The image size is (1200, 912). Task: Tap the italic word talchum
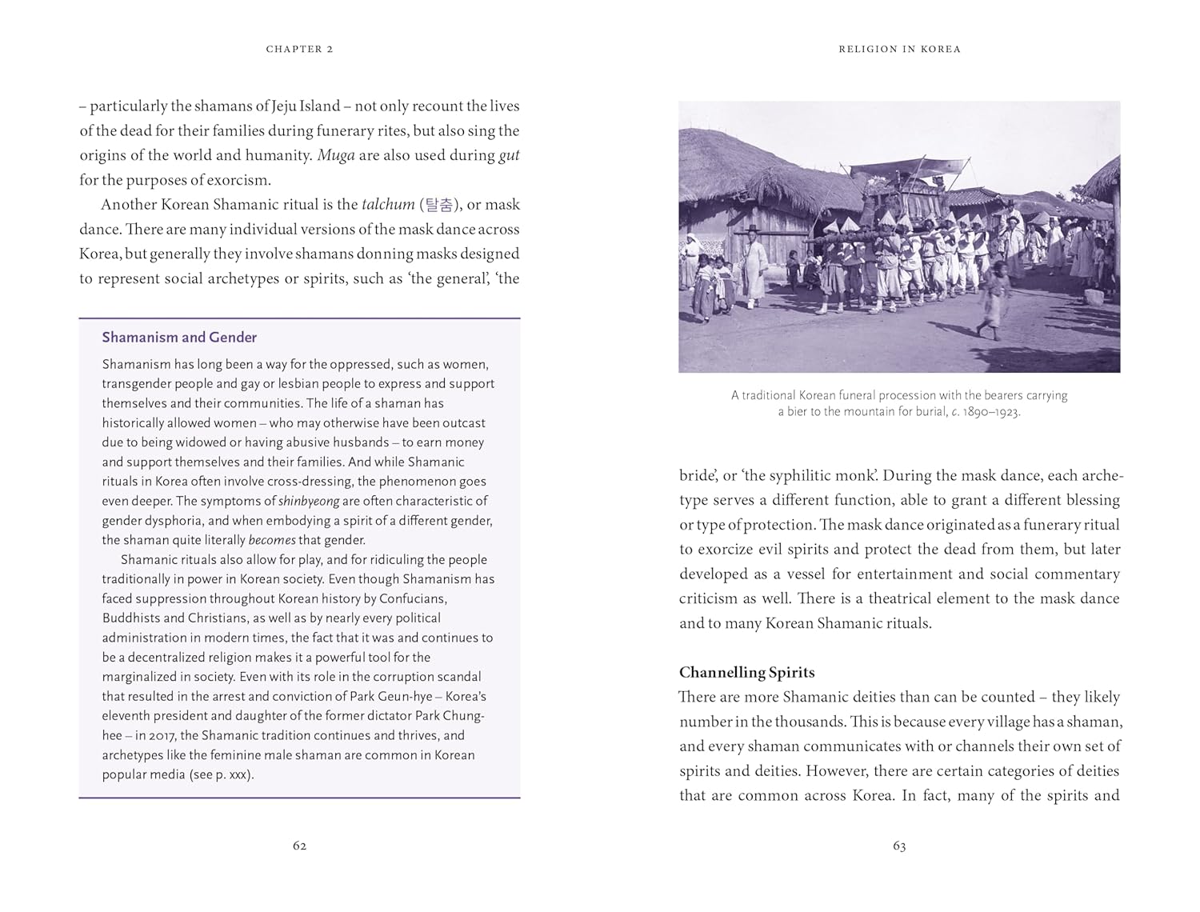click(x=388, y=205)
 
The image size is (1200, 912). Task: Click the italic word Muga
click(x=335, y=155)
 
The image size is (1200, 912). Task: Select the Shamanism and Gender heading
click(x=179, y=338)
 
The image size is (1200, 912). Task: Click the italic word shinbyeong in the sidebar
click(x=309, y=502)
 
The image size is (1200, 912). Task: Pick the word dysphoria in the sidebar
click(x=164, y=521)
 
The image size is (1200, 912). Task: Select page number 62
click(x=299, y=846)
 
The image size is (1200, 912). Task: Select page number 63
click(x=899, y=846)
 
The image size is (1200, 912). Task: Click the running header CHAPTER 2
click(x=299, y=50)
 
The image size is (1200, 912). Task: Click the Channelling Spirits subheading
click(x=746, y=672)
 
